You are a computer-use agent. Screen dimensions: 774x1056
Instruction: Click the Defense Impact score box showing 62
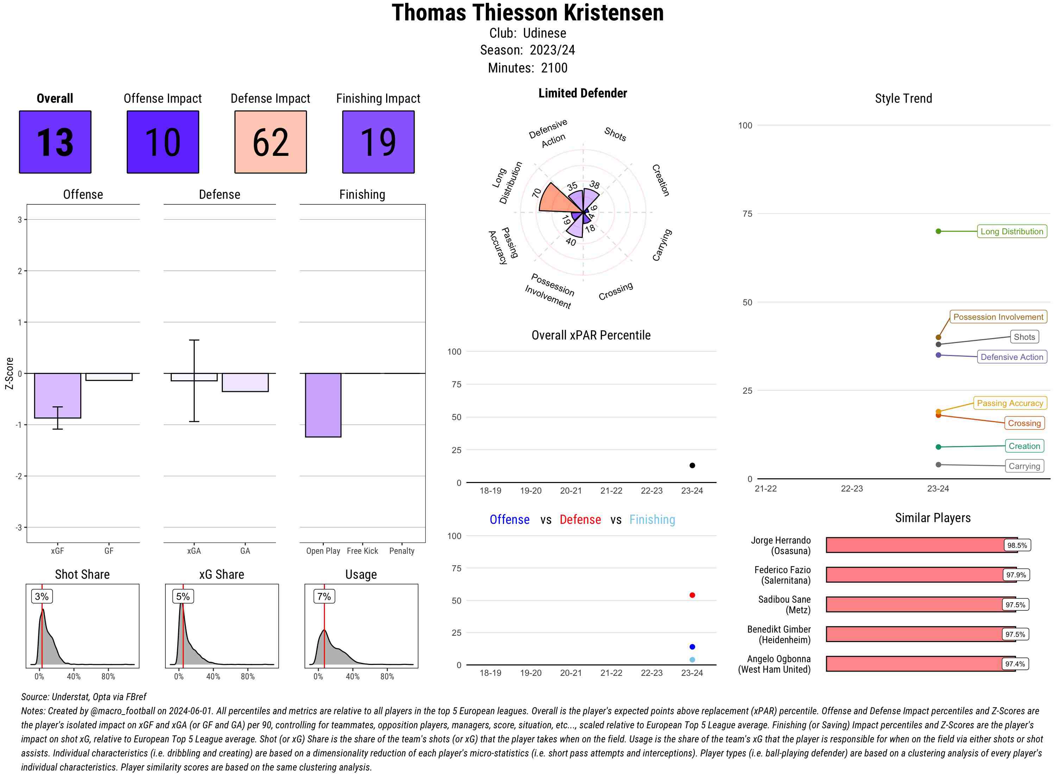(270, 142)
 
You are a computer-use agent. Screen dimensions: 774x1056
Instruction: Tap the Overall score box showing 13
(55, 142)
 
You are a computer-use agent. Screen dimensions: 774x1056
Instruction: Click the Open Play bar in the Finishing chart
(323, 405)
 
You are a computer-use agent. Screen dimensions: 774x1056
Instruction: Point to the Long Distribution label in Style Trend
(1012, 231)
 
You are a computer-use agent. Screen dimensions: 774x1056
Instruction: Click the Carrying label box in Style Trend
(1024, 466)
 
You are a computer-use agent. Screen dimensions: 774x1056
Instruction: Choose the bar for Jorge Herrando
(921, 545)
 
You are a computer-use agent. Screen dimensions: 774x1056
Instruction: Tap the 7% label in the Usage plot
(324, 596)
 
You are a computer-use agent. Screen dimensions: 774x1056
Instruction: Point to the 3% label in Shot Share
(42, 596)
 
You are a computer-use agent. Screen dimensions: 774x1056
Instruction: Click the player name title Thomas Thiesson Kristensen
(528, 13)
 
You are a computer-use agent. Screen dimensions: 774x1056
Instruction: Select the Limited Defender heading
(582, 93)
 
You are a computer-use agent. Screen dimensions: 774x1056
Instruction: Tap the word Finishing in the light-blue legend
(652, 520)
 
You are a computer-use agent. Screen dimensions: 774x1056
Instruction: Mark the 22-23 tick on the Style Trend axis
(851, 489)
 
